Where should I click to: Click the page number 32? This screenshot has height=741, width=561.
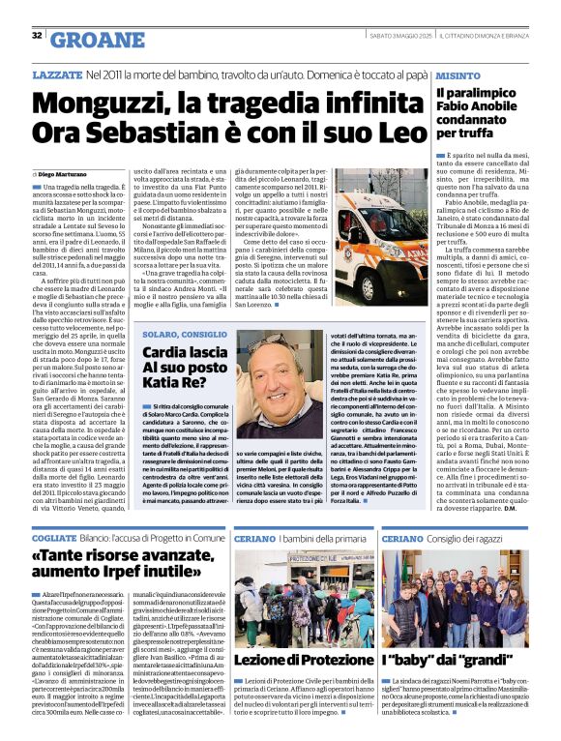pyautogui.click(x=37, y=36)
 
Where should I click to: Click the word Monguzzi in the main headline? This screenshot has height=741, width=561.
pyautogui.click(x=90, y=100)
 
